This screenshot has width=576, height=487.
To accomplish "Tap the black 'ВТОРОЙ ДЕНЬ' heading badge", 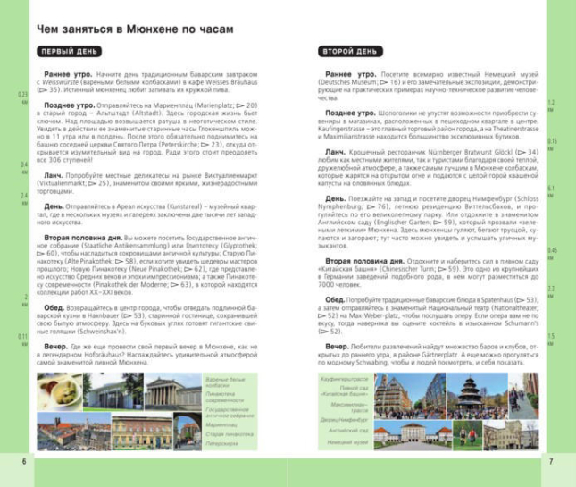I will point(351,52).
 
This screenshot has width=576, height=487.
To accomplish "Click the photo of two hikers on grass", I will point(467,436).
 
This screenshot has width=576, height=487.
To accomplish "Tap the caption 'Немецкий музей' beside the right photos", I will point(348,442).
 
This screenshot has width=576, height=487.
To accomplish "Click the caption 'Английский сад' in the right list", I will point(350,430).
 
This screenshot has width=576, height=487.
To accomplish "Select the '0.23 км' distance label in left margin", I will point(23,97).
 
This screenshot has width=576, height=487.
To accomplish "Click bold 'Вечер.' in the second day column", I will point(336,345).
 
